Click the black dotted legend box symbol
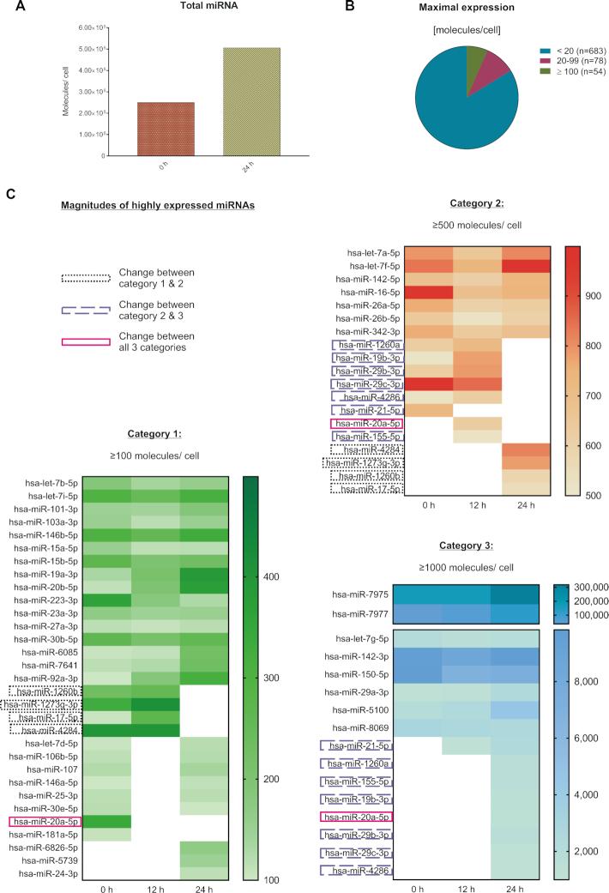click(x=86, y=278)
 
